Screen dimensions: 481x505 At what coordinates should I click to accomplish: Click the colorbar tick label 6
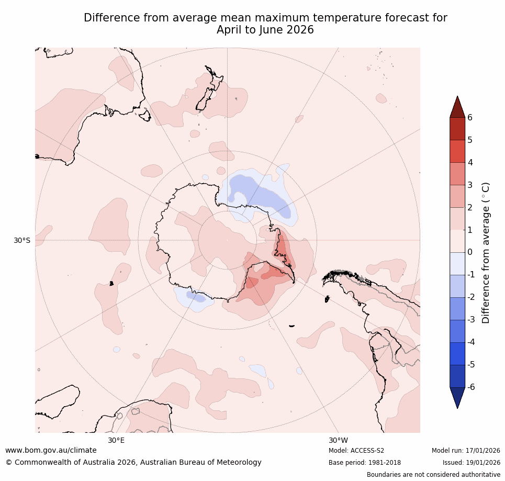[470, 117]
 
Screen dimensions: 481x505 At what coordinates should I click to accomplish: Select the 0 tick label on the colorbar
[470, 252]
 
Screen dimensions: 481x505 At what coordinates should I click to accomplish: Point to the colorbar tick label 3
[470, 185]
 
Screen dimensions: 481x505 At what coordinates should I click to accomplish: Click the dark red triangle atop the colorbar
[457, 108]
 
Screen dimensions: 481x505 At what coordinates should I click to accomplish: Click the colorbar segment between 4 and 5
[457, 151]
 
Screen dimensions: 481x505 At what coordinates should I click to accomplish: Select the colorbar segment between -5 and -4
[457, 353]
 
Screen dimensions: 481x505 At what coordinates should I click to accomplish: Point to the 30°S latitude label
[22, 240]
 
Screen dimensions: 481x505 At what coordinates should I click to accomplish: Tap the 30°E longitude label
[116, 440]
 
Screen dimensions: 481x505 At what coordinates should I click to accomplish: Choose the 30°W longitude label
[338, 440]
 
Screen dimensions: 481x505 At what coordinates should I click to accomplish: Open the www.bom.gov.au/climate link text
[51, 450]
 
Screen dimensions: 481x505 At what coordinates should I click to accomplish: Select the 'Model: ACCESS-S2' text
[356, 451]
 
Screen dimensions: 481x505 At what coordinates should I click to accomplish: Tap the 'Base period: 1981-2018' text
[364, 463]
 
